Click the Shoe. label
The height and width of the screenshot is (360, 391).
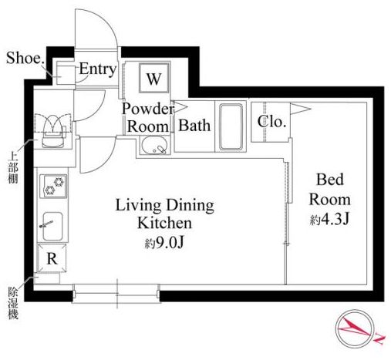(x=25, y=58)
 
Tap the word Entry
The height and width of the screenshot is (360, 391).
(x=98, y=69)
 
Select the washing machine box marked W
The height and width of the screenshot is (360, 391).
(x=154, y=78)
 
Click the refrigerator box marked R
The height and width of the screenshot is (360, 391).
(x=52, y=258)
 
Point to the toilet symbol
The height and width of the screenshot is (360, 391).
(x=53, y=131)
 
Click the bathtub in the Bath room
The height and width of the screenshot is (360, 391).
(x=231, y=126)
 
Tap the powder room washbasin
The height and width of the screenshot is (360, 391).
(x=154, y=145)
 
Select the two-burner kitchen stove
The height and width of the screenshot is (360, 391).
(x=53, y=186)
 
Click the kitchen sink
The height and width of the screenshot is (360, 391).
(x=52, y=226)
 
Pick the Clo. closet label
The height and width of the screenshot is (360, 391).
(x=271, y=122)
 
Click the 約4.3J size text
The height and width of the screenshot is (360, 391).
(x=329, y=220)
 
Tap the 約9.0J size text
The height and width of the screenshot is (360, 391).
(x=164, y=243)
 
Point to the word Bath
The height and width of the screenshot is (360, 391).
(x=194, y=126)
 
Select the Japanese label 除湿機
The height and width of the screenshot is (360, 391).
(x=13, y=303)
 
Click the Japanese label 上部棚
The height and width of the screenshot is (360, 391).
(x=13, y=168)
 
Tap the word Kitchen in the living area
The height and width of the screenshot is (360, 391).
(x=165, y=223)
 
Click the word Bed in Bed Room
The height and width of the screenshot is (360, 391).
(x=330, y=180)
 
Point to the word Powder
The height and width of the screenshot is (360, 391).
(x=148, y=109)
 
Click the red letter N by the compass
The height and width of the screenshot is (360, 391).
(x=380, y=340)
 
